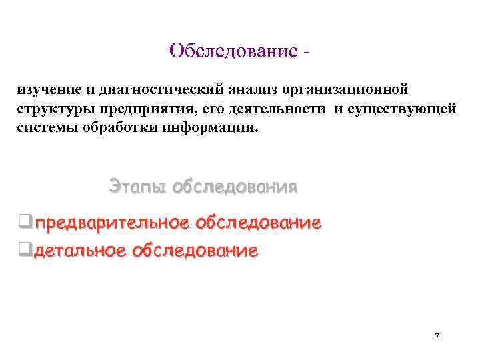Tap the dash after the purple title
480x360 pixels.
[x=307, y=52]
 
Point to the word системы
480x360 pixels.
[x=44, y=127]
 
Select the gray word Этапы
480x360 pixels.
[x=137, y=186]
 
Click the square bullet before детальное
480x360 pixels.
[x=25, y=251]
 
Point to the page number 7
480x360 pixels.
[x=437, y=336]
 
